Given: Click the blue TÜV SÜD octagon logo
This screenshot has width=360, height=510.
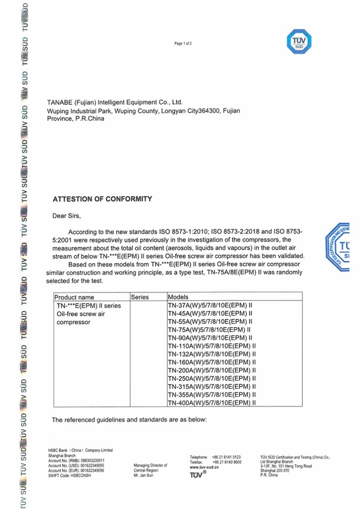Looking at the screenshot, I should (x=299, y=42).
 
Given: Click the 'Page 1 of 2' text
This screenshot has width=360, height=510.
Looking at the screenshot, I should (x=183, y=44).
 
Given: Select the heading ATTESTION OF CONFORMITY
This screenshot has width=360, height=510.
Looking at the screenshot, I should (x=102, y=199).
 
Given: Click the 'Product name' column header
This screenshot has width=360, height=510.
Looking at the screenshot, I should (x=74, y=297).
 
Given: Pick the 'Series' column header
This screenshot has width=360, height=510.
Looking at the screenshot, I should (x=140, y=297).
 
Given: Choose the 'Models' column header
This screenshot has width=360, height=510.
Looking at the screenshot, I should (x=178, y=297).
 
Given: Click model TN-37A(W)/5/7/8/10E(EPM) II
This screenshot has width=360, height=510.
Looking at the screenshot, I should (x=210, y=305).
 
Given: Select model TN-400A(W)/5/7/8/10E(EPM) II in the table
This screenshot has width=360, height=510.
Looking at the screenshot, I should (x=212, y=402).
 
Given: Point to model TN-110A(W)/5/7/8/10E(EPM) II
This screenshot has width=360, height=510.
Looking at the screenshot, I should (x=212, y=346).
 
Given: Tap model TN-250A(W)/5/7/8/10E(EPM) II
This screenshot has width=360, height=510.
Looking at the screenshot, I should (x=212, y=378).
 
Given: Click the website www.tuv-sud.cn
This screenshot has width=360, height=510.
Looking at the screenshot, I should (x=204, y=467).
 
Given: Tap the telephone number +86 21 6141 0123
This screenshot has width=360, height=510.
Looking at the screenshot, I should (x=226, y=457).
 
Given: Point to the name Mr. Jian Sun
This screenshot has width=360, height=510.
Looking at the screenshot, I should (x=144, y=476).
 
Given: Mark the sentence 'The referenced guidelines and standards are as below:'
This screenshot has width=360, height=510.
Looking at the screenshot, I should (x=129, y=420).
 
